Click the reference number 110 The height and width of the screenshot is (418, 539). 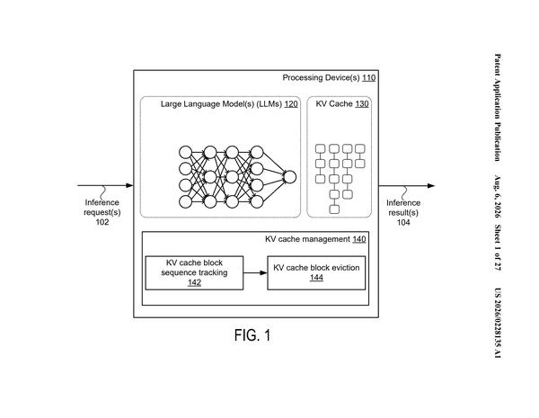pyautogui.click(x=369, y=77)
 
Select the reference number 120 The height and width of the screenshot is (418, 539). pyautogui.click(x=291, y=104)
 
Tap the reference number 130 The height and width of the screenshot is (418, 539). pyautogui.click(x=362, y=104)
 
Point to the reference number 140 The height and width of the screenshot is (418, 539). pyautogui.click(x=359, y=239)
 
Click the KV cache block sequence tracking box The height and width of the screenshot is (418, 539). pyautogui.click(x=195, y=272)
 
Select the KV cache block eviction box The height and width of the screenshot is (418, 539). pyautogui.click(x=316, y=272)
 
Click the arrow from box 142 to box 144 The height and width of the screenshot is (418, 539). pyautogui.click(x=255, y=272)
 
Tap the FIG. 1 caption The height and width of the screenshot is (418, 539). pyautogui.click(x=252, y=335)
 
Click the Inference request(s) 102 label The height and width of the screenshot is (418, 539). pyautogui.click(x=102, y=212)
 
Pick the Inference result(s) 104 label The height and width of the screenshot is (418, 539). pyautogui.click(x=403, y=212)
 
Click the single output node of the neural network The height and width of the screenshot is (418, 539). pyautogui.click(x=290, y=177)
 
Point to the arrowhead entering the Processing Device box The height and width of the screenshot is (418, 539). pyautogui.click(x=129, y=185)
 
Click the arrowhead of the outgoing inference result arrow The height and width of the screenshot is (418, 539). pyautogui.click(x=431, y=186)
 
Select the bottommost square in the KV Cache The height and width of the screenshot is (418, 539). pyautogui.click(x=334, y=209)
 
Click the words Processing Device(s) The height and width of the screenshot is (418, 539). pyautogui.click(x=321, y=77)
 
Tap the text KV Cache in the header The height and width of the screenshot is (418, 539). pyautogui.click(x=334, y=104)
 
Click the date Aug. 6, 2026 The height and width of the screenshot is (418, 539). pyautogui.click(x=498, y=197)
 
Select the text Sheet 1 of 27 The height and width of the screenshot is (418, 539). pyautogui.click(x=498, y=247)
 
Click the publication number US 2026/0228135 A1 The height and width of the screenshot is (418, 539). pyautogui.click(x=498, y=323)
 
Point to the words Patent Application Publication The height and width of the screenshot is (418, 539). pyautogui.click(x=498, y=107)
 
